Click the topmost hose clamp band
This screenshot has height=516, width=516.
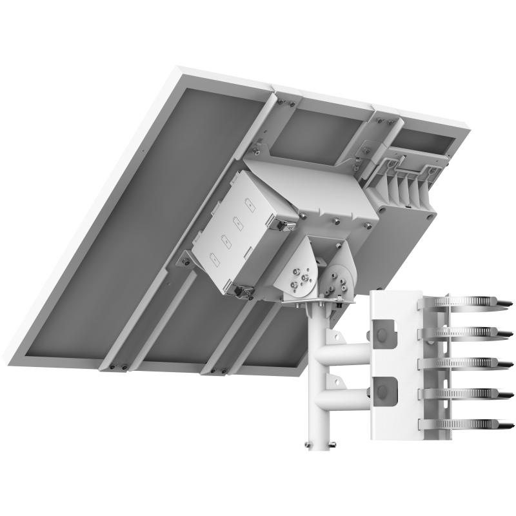[x=464, y=302]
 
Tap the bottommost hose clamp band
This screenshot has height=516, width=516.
[x=464, y=424]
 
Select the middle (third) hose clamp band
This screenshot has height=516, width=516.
[x=464, y=363]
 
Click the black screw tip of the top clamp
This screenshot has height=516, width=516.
[x=507, y=302]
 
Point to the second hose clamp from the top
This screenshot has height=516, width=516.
[x=464, y=332]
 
